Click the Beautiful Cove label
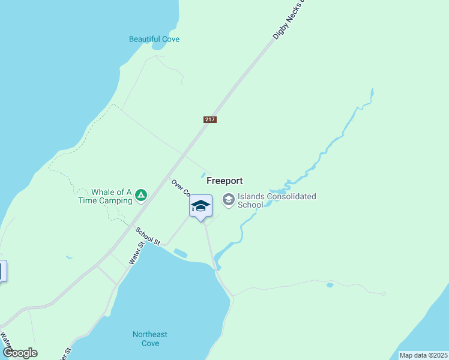click(x=154, y=40)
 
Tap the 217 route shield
click(x=209, y=120)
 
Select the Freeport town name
click(x=224, y=180)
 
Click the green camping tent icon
click(x=140, y=194)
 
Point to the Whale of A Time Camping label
click(x=105, y=197)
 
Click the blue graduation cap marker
click(x=200, y=206)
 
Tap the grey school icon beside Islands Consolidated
click(x=229, y=199)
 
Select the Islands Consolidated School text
click(x=277, y=200)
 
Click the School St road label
click(x=148, y=236)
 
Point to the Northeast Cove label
click(x=150, y=339)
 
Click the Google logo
click(x=20, y=353)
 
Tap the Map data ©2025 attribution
click(x=423, y=355)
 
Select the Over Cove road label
click(x=180, y=188)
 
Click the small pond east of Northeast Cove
click(x=330, y=285)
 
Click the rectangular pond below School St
click(x=180, y=253)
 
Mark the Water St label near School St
click(x=137, y=253)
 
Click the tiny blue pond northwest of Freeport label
click(x=203, y=175)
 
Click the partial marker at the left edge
click(x=2, y=271)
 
